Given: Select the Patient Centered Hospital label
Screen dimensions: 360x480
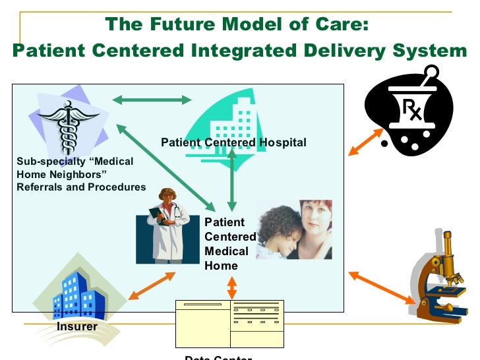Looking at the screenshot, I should click(233, 142).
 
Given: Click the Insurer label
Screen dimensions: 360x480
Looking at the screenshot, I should click(76, 326).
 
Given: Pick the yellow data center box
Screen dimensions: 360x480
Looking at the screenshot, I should click(229, 324).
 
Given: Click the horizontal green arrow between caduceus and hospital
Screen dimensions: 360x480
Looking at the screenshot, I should click(152, 100).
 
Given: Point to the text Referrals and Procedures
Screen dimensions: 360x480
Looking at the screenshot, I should click(81, 187).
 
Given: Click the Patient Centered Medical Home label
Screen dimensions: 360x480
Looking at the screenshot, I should click(230, 244).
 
